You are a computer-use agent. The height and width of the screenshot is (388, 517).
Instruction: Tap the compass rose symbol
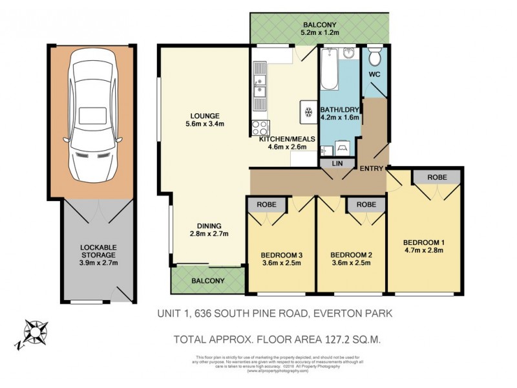coord(35,334)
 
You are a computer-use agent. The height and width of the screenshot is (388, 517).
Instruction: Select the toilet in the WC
coord(374,59)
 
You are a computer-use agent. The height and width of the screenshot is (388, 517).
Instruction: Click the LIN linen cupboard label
coord(336,164)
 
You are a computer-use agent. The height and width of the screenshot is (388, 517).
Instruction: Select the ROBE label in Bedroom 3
coord(268,204)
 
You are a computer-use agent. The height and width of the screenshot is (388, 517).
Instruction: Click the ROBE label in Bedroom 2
coord(362,204)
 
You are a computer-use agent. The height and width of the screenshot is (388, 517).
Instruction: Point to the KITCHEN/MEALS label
coord(284,138)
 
